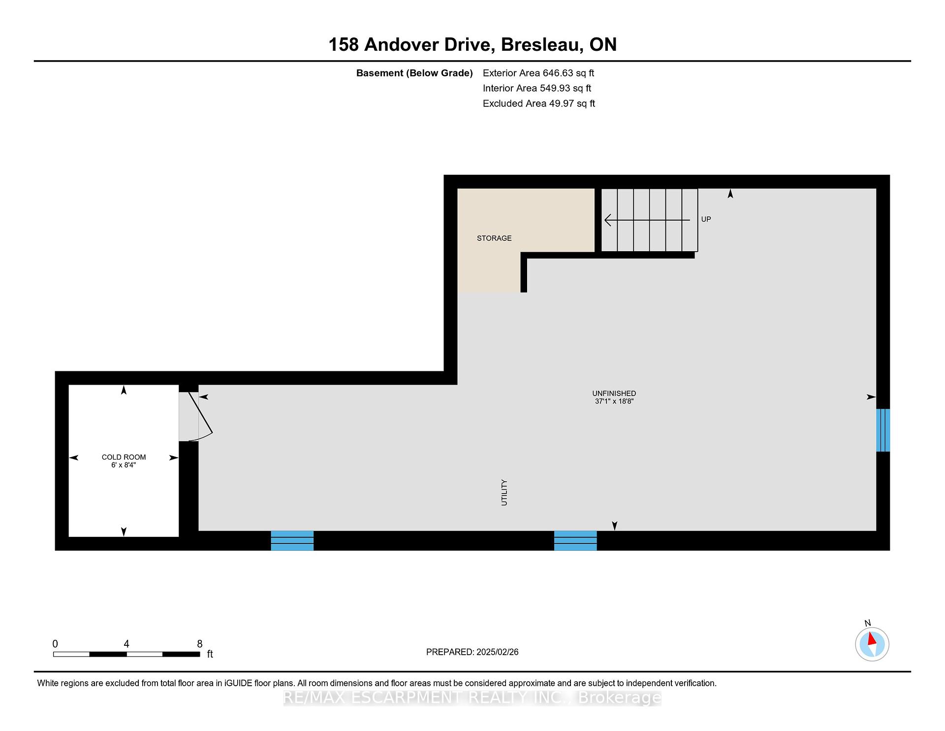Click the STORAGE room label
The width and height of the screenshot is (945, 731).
tap(494, 238)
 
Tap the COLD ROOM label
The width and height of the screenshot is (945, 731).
tap(124, 457)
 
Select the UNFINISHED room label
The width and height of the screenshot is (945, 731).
tap(614, 394)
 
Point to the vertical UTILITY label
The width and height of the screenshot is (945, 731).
tap(504, 493)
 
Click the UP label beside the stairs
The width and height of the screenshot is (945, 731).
tap(706, 219)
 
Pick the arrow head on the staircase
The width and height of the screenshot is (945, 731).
tap(608, 220)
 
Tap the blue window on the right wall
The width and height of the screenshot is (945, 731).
tap(883, 430)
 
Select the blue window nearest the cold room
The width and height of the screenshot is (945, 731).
tap(292, 540)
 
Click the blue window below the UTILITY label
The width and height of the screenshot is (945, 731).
tap(575, 540)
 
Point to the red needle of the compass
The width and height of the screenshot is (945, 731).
tap(872, 639)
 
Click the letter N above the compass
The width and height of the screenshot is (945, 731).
tap(868, 623)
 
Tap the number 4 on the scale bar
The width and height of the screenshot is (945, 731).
tap(126, 644)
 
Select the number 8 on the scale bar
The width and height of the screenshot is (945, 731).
tap(200, 644)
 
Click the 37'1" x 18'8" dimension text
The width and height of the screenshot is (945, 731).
tap(614, 401)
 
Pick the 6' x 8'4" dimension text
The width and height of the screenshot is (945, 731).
tap(124, 465)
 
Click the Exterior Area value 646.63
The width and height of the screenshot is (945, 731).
tap(558, 73)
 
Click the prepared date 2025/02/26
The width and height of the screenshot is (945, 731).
tap(498, 652)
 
